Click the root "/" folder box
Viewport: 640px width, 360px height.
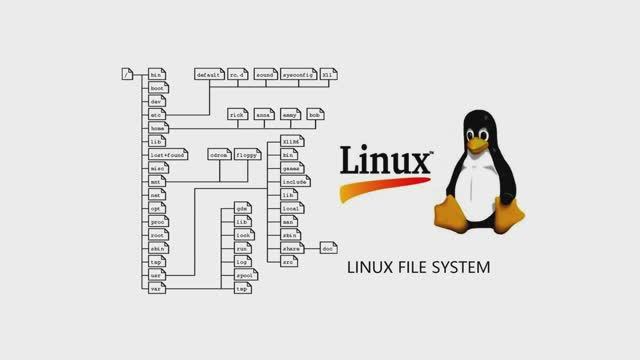pos(127,75)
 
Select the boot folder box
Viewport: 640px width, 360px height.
pos(156,88)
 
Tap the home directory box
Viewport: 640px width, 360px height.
pos(156,128)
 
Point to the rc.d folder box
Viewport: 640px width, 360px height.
pos(237,75)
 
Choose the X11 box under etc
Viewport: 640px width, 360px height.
pos(329,75)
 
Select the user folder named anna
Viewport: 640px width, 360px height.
pos(263,115)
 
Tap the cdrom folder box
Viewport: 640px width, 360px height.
pos(219,155)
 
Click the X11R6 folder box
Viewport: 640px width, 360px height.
pos(291,142)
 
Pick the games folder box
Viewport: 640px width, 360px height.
pos(291,169)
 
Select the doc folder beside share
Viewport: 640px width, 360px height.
pos(328,246)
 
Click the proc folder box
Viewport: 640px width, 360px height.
pos(156,221)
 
